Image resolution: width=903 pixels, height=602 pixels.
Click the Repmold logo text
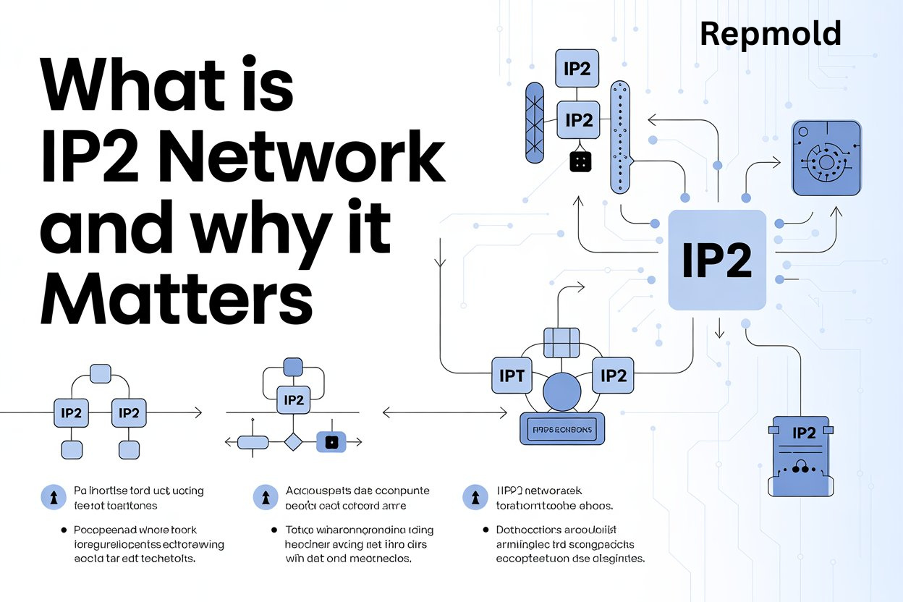click(x=771, y=34)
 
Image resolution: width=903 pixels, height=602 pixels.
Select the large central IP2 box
click(x=716, y=260)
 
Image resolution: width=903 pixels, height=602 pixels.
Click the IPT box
click(x=512, y=376)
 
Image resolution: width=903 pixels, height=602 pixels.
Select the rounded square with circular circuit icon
click(x=827, y=158)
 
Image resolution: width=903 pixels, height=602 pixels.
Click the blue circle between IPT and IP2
click(x=562, y=394)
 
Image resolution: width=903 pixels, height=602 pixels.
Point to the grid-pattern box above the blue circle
click(x=561, y=342)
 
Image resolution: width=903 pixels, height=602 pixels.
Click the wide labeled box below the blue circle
click(x=562, y=429)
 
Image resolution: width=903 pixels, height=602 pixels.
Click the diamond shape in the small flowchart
click(x=292, y=441)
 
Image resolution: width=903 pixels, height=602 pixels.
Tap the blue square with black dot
click(x=332, y=441)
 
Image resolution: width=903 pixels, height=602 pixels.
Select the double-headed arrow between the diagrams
click(x=444, y=412)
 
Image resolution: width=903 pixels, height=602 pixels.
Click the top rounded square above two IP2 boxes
click(x=100, y=374)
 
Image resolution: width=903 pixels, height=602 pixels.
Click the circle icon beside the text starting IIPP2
click(x=475, y=497)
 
